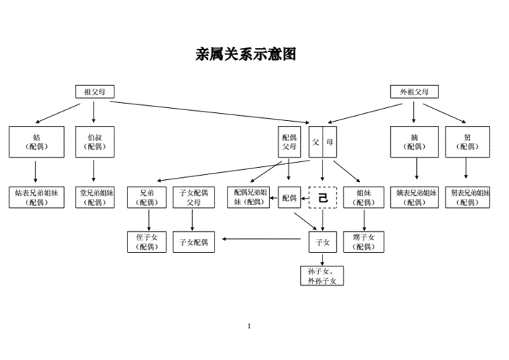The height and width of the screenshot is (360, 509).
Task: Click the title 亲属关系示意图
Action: (246, 54)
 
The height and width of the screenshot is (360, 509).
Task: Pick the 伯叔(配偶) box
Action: (94, 141)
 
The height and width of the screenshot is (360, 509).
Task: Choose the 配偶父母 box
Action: (289, 142)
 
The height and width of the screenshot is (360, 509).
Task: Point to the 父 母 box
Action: (322, 142)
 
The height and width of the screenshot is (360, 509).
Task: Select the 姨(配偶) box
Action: (414, 141)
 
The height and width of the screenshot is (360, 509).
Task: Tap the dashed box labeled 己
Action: (323, 197)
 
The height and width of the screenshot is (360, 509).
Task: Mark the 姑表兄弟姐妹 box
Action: (36, 197)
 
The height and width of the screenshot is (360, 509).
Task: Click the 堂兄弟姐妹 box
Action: (94, 197)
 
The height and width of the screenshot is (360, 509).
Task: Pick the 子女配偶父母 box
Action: (194, 197)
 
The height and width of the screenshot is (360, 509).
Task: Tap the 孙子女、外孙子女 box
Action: (323, 275)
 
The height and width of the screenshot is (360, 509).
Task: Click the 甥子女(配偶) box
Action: (364, 242)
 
